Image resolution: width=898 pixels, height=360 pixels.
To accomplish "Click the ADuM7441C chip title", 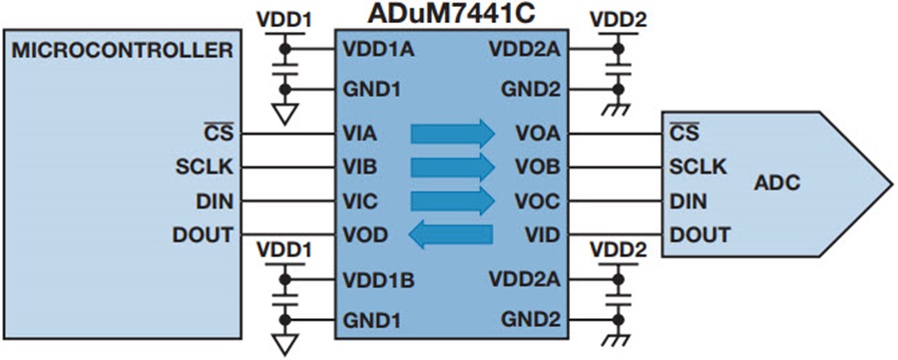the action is click(x=451, y=14).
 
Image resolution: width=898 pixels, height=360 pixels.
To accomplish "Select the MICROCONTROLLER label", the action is click(x=123, y=51).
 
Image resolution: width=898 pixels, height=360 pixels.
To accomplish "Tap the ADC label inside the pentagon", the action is click(x=776, y=183).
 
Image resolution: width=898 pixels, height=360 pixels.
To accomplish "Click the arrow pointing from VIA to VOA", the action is click(x=452, y=134).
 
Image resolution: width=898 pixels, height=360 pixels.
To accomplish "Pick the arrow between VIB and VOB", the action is click(x=452, y=168).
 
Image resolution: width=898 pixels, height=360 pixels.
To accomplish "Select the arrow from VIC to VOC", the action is click(x=452, y=200).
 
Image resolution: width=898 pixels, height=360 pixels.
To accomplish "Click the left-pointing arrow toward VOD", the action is click(x=451, y=234).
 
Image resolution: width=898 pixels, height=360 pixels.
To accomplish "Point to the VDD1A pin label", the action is click(x=378, y=49).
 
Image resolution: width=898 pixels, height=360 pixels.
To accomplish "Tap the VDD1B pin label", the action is click(x=378, y=280).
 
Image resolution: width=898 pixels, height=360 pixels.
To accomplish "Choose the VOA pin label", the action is click(x=538, y=134).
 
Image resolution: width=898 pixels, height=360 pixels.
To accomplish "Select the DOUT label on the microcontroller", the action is click(x=203, y=234).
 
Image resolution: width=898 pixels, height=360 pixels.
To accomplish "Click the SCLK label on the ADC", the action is click(x=698, y=168).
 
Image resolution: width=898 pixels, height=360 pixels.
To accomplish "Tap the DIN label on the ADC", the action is click(x=687, y=200).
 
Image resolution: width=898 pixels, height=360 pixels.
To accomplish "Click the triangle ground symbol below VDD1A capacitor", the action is click(x=284, y=115).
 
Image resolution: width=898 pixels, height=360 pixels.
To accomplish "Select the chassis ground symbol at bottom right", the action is click(x=618, y=339).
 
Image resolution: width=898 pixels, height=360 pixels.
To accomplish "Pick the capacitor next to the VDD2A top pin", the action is click(x=618, y=69).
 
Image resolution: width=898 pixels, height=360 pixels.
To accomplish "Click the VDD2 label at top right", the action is click(x=617, y=20).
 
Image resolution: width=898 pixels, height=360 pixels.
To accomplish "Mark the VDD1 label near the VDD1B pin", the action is click(x=284, y=250).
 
